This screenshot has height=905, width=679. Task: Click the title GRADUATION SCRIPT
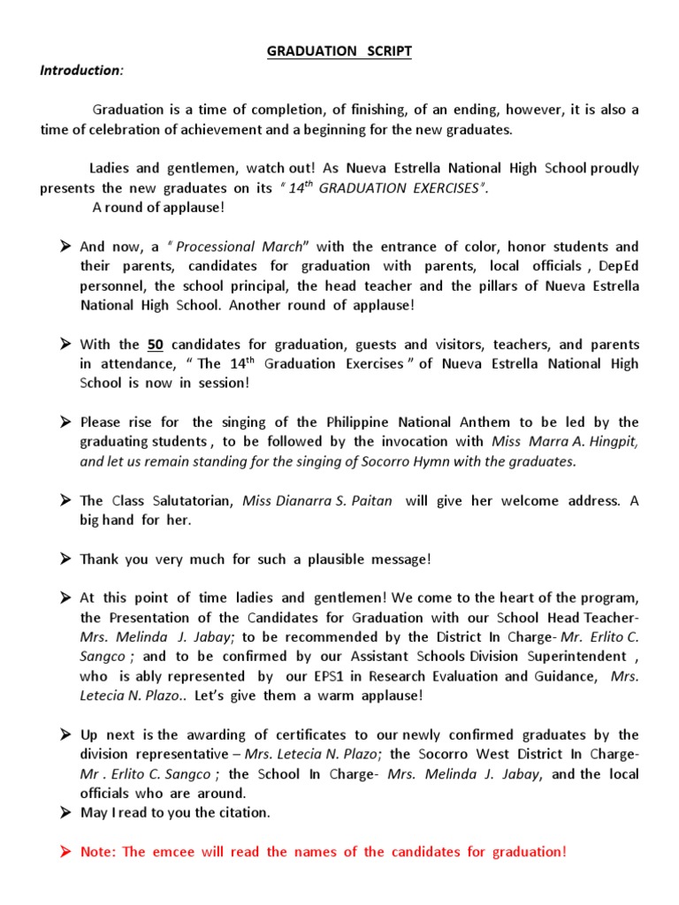[339, 51]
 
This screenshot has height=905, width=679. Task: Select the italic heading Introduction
[80, 70]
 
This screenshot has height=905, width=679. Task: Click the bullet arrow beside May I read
[66, 812]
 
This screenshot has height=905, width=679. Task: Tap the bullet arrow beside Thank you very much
[66, 559]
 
